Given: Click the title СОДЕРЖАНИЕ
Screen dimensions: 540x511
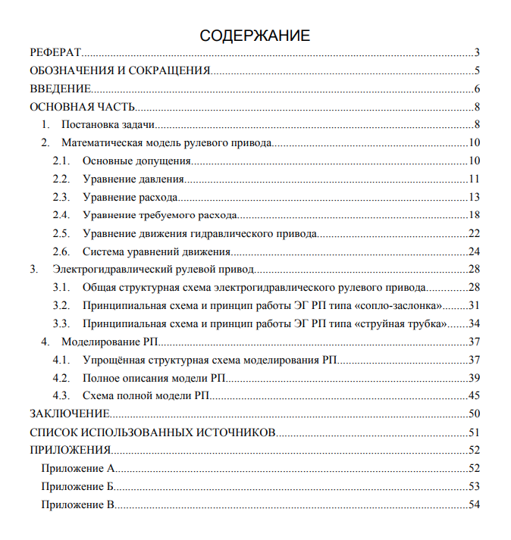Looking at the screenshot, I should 255,36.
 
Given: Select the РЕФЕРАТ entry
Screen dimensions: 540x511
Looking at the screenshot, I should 55,53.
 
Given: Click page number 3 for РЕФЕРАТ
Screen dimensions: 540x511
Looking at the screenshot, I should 478,53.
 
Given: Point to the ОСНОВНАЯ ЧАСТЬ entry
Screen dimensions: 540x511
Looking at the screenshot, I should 82,108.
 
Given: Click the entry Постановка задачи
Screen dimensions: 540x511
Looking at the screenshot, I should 108,125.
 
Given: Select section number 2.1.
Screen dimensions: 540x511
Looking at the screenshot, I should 61,161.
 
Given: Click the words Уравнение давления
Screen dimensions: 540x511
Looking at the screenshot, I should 133,179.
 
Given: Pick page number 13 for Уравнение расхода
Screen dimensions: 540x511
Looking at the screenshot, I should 475,198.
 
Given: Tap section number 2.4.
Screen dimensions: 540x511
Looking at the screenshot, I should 61,215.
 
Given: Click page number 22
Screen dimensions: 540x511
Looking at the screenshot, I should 475,233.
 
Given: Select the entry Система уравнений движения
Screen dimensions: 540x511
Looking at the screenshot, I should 157,251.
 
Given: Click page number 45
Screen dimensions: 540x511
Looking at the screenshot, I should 475,395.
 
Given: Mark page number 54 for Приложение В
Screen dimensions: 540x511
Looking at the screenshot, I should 475,504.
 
